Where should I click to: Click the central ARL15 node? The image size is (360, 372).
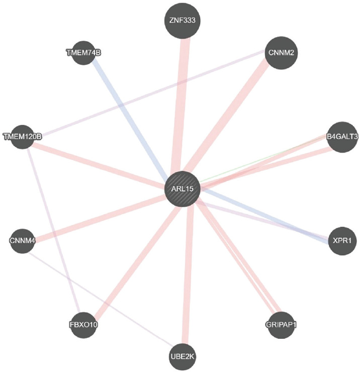coord(183,189)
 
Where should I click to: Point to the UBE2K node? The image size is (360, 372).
coord(182,356)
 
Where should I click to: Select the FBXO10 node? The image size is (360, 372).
coord(83,324)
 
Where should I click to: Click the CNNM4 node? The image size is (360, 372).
coord(23,241)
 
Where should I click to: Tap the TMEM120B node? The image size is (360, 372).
coord(23,136)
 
